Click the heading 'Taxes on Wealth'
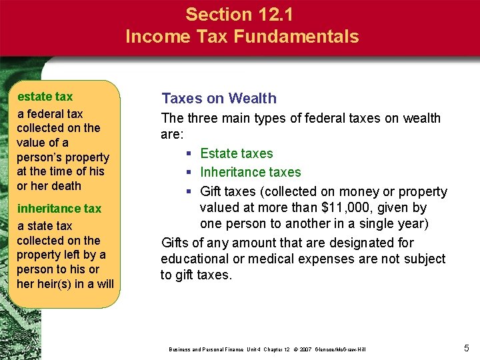pos(219,99)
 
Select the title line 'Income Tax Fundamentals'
pos(241,37)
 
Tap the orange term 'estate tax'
pos(45,97)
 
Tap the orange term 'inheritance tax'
pos(59,209)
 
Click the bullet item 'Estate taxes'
pos(237,153)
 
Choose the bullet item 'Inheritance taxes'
pos(251,173)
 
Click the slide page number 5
pos(466,347)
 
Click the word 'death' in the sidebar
pos(66,186)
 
